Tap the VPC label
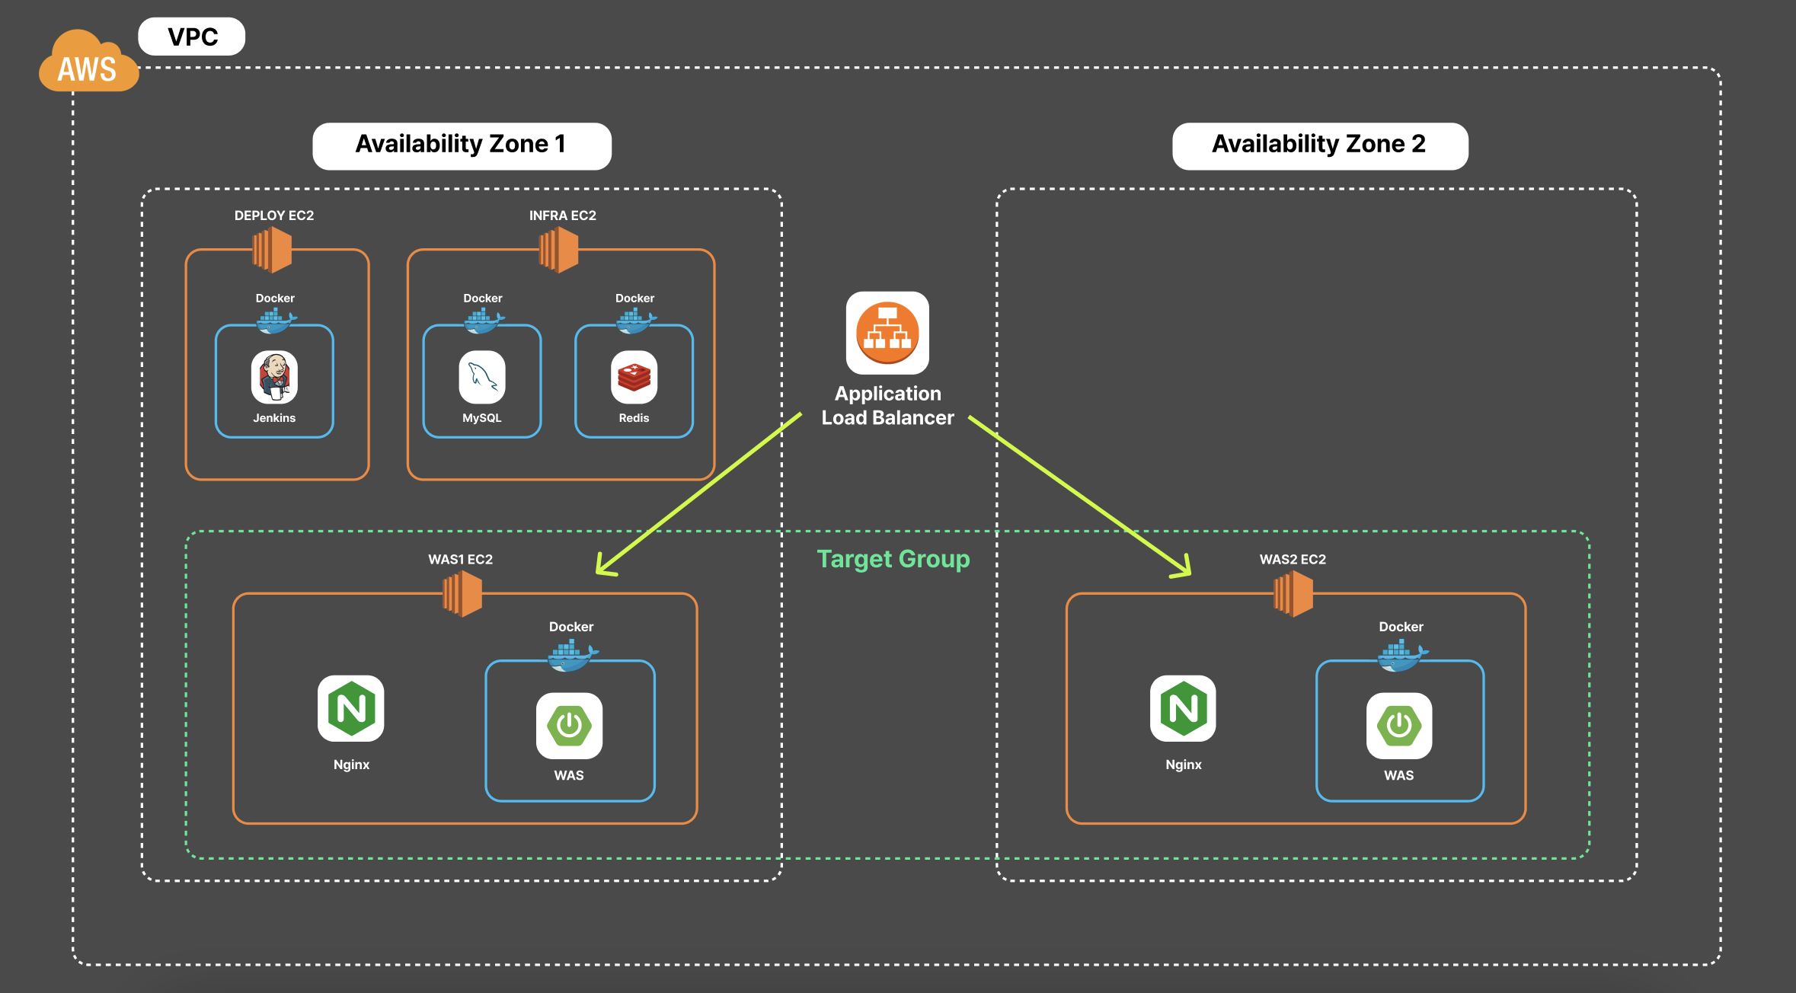192,37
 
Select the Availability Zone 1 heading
462,145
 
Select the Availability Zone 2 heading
1320,145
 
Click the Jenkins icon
274,377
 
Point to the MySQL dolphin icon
482,377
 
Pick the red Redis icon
634,377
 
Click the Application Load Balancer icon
887,333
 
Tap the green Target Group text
893,559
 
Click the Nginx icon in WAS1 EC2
351,708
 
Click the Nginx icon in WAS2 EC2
1183,708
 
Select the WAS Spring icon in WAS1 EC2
569,726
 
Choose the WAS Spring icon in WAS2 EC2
1399,726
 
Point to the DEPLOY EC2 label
274,216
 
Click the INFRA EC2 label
563,216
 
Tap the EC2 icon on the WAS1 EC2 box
462,593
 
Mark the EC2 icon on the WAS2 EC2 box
1293,593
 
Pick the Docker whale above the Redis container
635,321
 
